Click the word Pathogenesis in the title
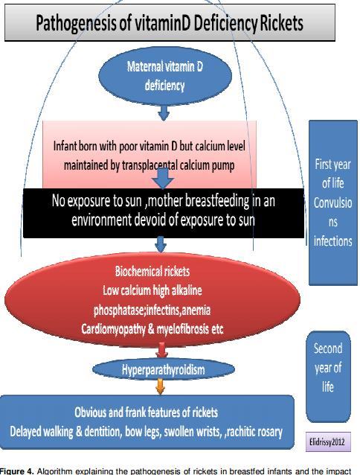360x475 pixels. (77, 23)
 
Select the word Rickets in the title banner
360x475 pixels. (281, 23)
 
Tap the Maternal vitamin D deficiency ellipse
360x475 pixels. (165, 76)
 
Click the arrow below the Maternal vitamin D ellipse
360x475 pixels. (164, 112)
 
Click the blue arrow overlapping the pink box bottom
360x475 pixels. (163, 178)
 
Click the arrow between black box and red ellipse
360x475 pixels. (161, 245)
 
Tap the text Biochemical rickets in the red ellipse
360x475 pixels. (152, 271)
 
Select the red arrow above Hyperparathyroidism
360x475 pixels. (162, 350)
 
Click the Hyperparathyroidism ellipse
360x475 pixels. (164, 369)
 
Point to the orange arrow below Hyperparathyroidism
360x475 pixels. (160, 386)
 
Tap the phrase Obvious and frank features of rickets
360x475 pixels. (146, 412)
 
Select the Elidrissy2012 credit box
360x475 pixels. (328, 442)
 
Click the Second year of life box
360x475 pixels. (328, 377)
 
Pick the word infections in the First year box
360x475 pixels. (332, 241)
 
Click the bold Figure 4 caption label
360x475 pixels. (17, 471)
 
